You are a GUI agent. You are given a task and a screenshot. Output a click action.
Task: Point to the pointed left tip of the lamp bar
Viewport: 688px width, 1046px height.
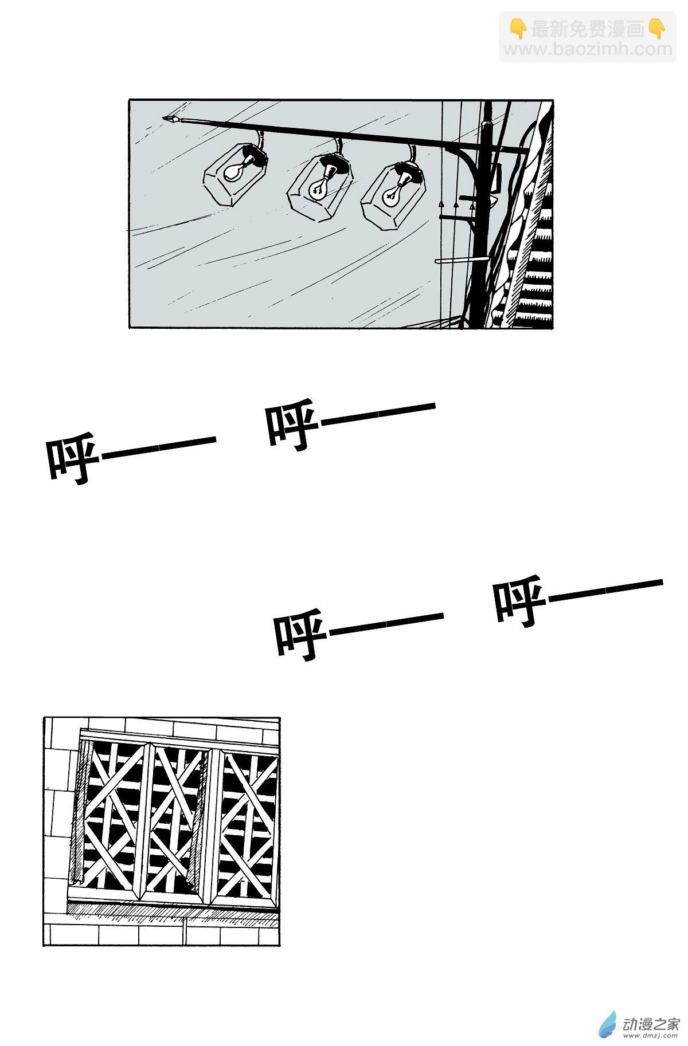[163, 119]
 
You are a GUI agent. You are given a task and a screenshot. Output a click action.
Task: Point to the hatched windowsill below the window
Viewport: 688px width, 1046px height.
[172, 911]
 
